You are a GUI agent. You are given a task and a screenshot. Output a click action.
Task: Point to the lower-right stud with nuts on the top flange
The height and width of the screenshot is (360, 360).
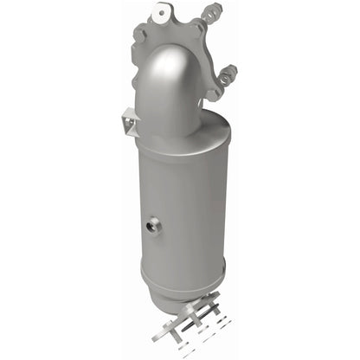(x=228, y=74)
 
